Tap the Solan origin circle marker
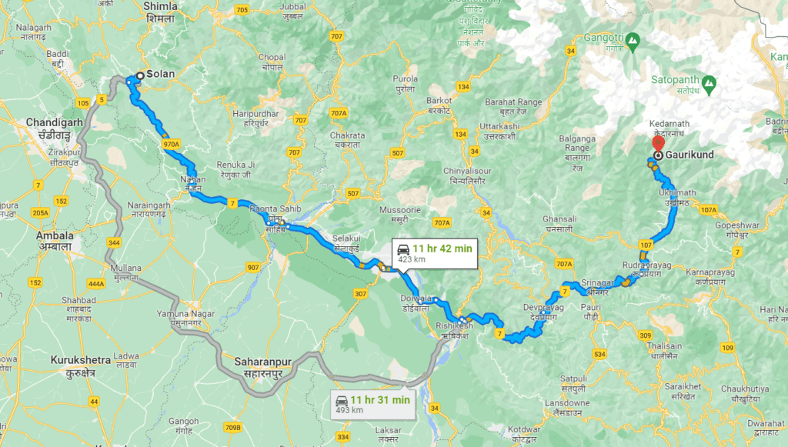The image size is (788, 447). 139,75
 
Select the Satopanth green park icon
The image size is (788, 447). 709,81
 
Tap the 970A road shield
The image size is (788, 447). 171,144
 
